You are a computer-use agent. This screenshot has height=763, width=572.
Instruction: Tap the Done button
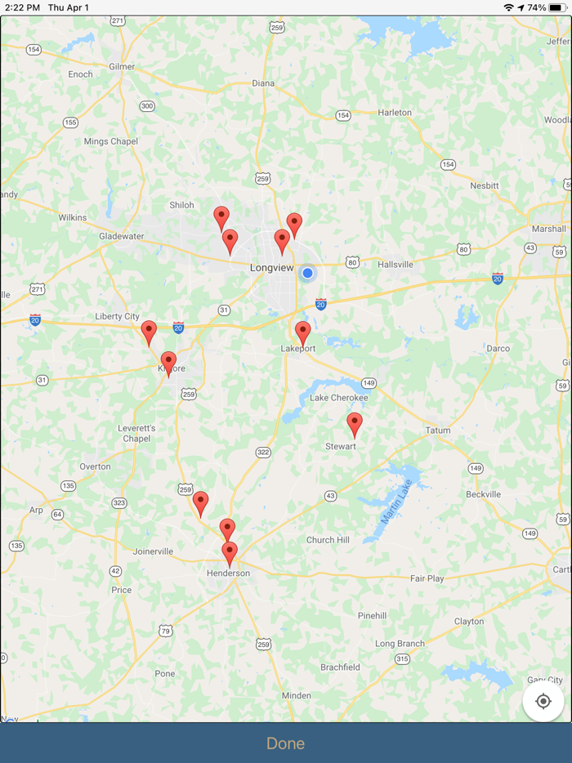(285, 743)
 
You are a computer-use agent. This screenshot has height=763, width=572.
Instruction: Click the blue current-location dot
(307, 273)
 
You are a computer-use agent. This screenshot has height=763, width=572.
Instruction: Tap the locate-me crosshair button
(543, 701)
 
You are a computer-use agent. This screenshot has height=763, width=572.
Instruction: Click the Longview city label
(271, 267)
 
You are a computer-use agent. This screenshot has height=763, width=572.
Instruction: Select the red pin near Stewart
(354, 424)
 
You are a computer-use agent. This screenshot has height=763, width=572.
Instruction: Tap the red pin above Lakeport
(302, 332)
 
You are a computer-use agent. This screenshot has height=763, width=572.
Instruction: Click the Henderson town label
(229, 573)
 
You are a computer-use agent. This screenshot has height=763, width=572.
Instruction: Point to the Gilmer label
(121, 66)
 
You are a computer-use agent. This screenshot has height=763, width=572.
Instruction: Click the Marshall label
(548, 229)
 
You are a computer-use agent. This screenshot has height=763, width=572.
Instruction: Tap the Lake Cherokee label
(338, 398)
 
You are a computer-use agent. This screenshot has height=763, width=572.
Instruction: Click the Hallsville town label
(395, 265)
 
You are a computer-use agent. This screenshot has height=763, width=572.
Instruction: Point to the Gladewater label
(122, 236)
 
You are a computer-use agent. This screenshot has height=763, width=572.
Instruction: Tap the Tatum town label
(438, 431)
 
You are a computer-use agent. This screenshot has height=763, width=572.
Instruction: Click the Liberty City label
(118, 316)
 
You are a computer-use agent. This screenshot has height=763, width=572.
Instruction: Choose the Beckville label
(483, 494)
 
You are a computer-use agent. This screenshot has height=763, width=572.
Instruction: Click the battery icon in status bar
(556, 7)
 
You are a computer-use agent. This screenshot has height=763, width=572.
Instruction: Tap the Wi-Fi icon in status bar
(508, 7)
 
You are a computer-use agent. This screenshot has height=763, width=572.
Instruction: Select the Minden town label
(296, 696)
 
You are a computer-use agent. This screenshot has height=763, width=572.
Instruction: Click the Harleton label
(395, 113)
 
